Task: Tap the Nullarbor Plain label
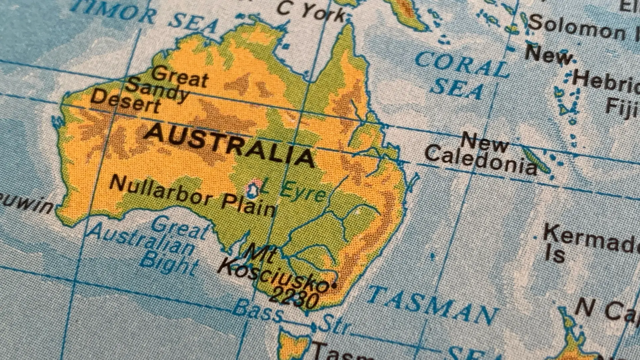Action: coord(193,196)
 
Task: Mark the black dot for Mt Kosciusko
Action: coord(334,285)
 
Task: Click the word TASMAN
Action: coord(433,305)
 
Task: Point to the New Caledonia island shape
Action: coord(537,160)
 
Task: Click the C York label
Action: coord(312,12)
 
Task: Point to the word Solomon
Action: coord(577,28)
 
